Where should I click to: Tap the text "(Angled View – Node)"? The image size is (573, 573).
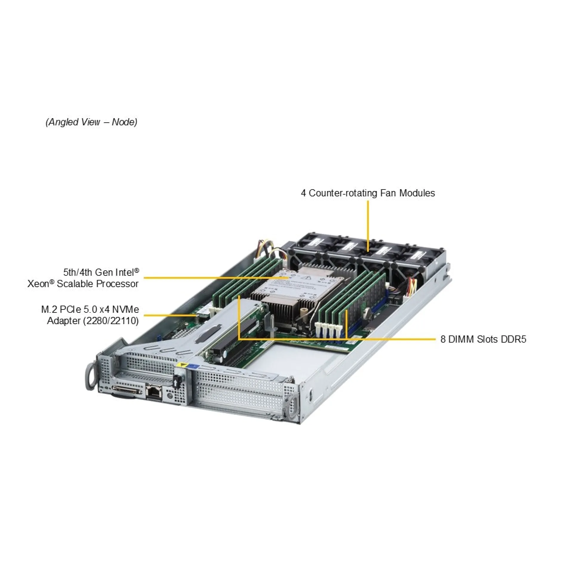[x=91, y=122]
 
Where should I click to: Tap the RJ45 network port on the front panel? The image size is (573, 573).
[x=154, y=391]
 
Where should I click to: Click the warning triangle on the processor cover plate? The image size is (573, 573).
[x=306, y=277]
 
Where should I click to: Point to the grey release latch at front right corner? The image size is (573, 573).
[x=292, y=405]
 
